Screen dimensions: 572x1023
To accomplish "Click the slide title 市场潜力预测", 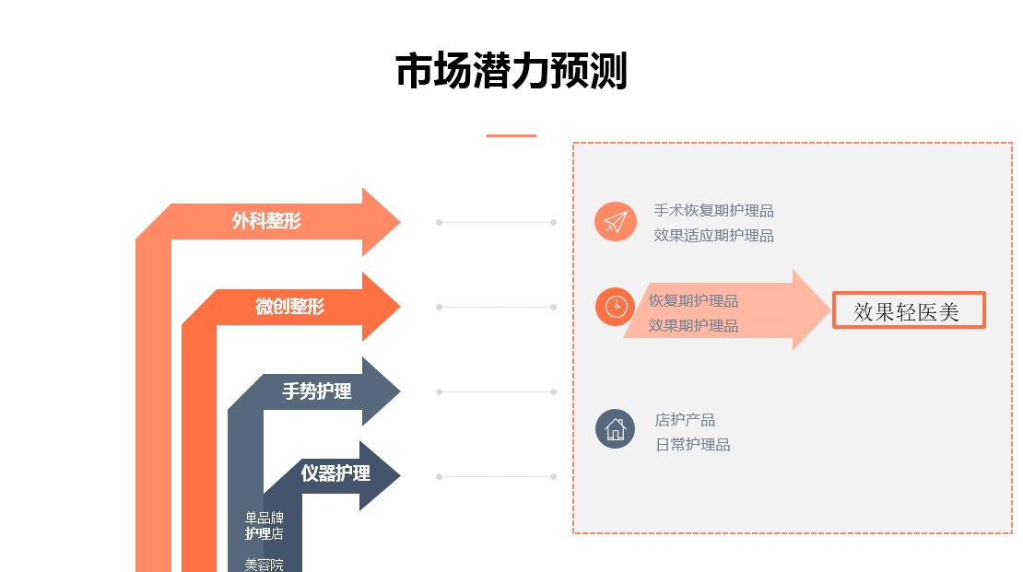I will [511, 71].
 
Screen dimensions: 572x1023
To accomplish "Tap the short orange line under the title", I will [511, 135].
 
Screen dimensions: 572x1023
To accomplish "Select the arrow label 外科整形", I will [266, 221].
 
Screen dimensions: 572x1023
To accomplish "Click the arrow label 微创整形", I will [289, 306].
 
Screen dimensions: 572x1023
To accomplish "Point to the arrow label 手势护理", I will [316, 391].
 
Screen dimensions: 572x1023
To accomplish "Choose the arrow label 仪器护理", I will [335, 473].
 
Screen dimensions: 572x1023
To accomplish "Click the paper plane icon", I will [616, 222].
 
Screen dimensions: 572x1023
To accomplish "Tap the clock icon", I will [616, 307].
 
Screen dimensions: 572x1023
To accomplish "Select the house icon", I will [616, 429].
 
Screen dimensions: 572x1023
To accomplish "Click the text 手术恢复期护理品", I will [713, 211].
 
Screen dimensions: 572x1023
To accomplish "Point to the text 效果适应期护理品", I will [713, 236].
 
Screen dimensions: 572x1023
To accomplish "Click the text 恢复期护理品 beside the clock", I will [693, 301].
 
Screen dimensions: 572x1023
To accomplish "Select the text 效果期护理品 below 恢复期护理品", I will [693, 325].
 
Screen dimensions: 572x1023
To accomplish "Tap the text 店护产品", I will [685, 420].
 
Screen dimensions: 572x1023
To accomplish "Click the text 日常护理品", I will [692, 445].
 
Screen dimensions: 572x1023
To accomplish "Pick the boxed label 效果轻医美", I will [909, 311].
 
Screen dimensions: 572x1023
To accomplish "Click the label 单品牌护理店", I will [264, 526].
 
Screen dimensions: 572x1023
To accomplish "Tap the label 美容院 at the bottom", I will [264, 565].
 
